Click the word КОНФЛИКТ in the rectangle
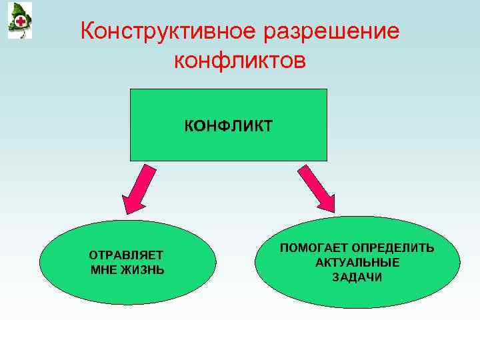coord(229,126)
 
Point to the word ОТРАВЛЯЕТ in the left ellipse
coord(127,255)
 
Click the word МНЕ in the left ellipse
coord(104,270)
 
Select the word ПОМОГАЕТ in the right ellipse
coord(313,248)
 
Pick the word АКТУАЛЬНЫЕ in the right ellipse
coord(357,263)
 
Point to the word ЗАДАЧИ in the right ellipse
coord(357,277)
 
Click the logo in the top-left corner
coord(19,20)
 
